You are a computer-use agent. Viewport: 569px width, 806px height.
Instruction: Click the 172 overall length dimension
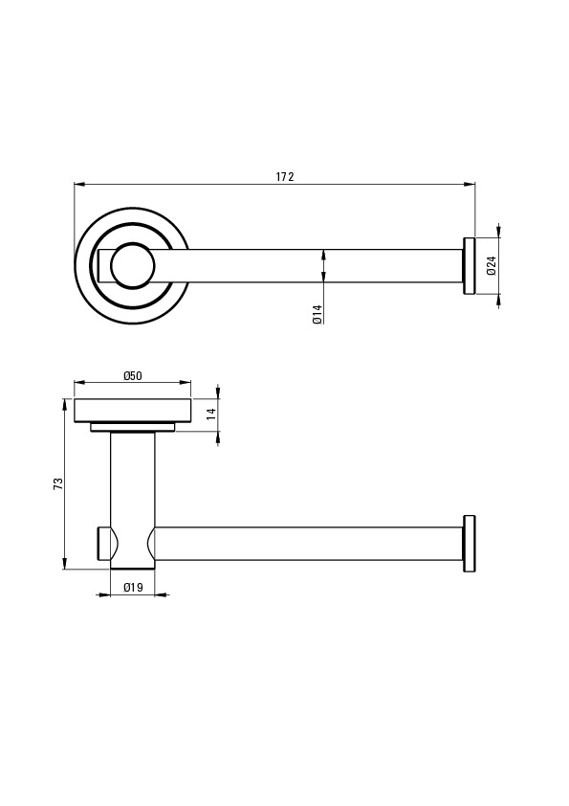point(285,177)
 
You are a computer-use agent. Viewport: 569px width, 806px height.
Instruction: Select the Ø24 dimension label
point(492,265)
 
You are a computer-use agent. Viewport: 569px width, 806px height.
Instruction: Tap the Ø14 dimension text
point(317,314)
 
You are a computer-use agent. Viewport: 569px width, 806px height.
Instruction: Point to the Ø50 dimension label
point(133,376)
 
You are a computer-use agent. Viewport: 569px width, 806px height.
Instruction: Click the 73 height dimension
point(58,483)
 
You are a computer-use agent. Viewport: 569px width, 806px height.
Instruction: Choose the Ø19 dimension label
point(133,587)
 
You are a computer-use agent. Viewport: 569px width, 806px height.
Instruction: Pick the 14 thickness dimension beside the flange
point(211,414)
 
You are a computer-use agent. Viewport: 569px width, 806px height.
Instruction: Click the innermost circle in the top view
point(133,266)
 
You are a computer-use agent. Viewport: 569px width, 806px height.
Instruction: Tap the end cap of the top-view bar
point(470,266)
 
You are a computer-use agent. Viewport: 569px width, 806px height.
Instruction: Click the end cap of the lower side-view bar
point(470,544)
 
